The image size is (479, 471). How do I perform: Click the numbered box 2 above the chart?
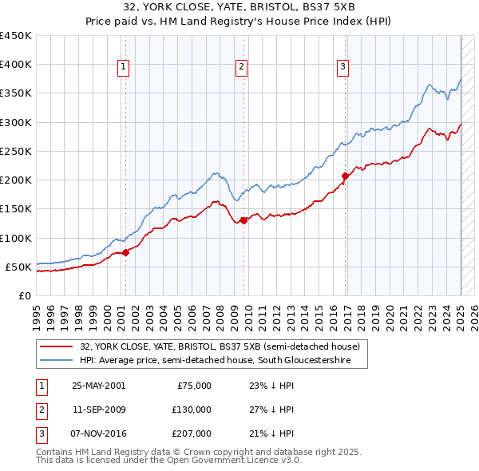(x=241, y=68)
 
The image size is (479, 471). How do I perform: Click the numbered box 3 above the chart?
(x=342, y=68)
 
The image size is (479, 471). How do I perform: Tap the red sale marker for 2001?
(x=125, y=252)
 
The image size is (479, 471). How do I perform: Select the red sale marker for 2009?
(x=243, y=221)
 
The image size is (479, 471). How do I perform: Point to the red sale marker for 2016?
(x=345, y=176)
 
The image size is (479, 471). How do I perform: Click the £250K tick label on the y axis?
(x=16, y=151)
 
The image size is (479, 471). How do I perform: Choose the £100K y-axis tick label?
(x=16, y=238)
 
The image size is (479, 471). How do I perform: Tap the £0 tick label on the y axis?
(x=24, y=295)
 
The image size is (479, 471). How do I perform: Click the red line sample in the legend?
(x=56, y=347)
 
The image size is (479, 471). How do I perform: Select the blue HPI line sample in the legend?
(x=56, y=361)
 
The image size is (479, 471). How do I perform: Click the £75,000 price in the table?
(x=194, y=385)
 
